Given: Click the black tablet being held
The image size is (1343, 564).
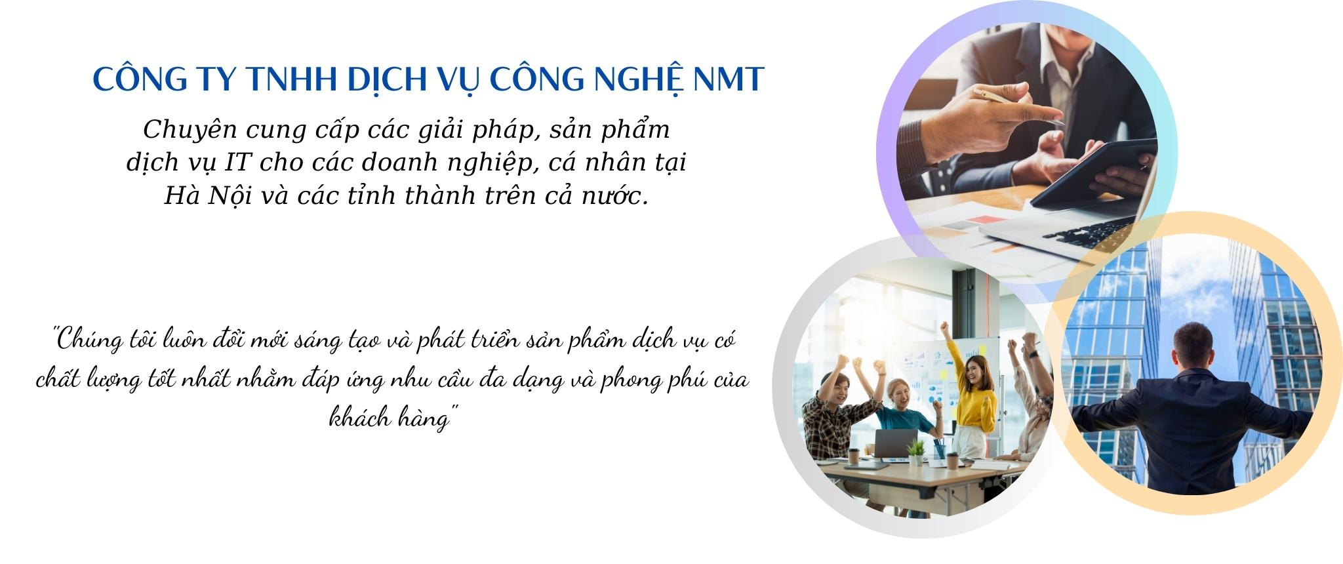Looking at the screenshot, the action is coord(1092,174).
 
